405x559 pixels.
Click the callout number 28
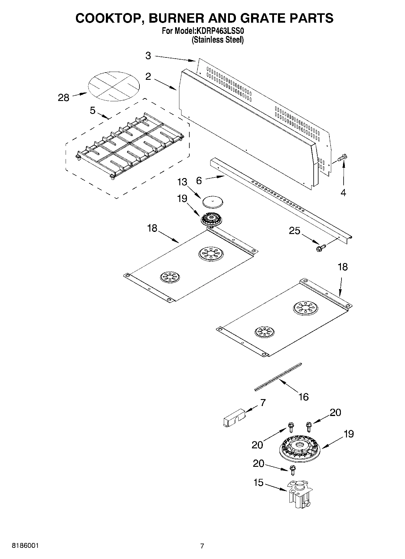coord(64,98)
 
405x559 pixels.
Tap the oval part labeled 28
coord(114,86)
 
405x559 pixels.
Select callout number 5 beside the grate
coord(93,111)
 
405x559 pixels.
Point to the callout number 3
coord(148,56)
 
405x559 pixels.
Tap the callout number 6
coord(199,180)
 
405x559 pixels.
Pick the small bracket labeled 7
coord(233,418)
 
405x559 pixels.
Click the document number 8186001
coord(25,546)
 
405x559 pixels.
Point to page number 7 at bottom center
coord(202,546)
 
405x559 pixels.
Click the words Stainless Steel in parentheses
coord(217,40)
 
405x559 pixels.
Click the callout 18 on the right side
coord(343,267)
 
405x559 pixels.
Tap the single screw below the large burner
coord(292,469)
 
